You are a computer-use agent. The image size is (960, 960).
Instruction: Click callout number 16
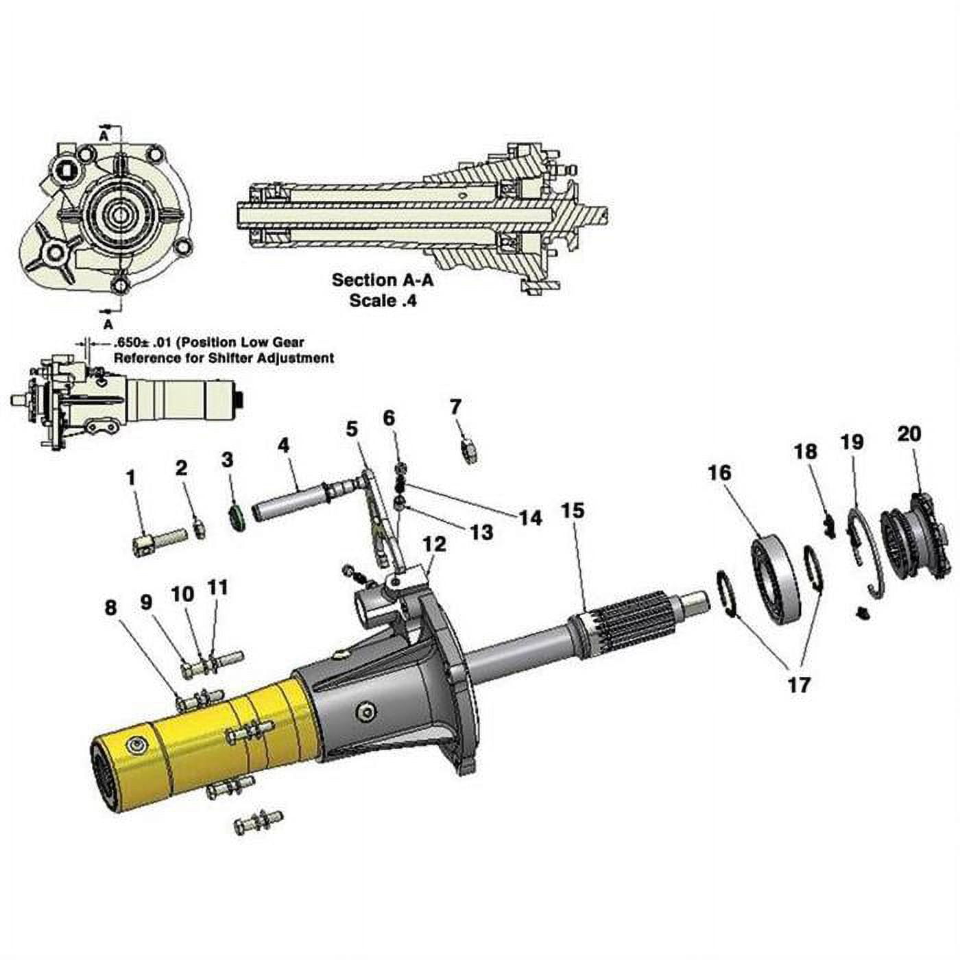(x=719, y=472)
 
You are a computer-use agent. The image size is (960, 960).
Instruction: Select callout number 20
(x=909, y=433)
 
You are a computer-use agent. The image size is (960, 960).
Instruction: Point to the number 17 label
(x=799, y=684)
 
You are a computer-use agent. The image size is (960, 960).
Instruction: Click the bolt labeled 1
(x=158, y=540)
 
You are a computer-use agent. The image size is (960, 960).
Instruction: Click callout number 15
(x=574, y=511)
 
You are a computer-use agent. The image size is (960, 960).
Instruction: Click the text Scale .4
(x=383, y=300)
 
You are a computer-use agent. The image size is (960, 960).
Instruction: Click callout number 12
(x=434, y=544)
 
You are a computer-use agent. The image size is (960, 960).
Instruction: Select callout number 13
(x=482, y=531)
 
